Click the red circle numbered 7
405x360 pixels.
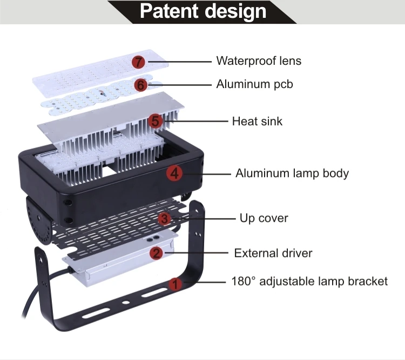coord(139,62)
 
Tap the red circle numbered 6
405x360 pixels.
coord(141,85)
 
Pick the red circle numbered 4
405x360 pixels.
coord(173,174)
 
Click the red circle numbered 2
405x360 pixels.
coord(156,253)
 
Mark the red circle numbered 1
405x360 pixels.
coord(175,283)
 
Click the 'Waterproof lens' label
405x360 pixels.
coord(259,61)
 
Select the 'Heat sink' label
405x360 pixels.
coord(257,121)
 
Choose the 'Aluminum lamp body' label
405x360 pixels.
coord(292,174)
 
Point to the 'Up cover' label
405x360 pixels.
coord(264,218)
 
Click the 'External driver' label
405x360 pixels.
coord(273,253)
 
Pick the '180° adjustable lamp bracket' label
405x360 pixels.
coord(309,282)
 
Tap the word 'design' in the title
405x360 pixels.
coord(237,11)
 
